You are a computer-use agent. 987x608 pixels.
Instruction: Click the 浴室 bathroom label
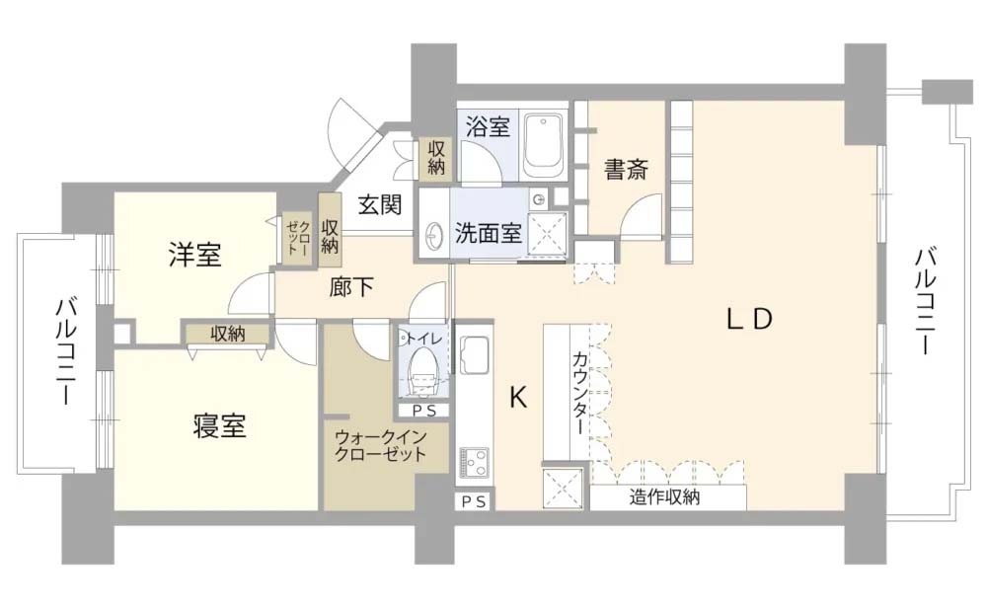(488, 126)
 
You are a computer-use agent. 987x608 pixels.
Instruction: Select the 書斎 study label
(626, 169)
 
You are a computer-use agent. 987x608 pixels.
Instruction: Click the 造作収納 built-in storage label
(664, 497)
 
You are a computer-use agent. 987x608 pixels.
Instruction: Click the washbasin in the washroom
(434, 236)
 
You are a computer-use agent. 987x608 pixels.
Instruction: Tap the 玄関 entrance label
(379, 205)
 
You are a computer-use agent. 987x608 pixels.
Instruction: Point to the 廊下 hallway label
(351, 287)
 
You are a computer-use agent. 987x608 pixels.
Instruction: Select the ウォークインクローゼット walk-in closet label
(379, 445)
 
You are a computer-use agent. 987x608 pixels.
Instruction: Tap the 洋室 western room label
(193, 256)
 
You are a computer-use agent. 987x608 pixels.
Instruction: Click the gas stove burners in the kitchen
(473, 462)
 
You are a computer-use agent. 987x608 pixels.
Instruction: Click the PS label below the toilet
(423, 410)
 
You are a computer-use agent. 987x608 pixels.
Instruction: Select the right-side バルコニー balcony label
(926, 301)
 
